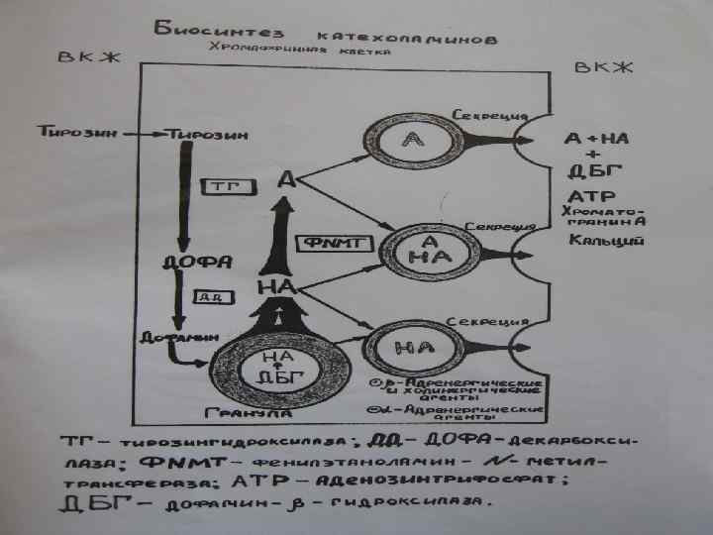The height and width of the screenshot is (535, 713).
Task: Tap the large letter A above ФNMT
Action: (285, 179)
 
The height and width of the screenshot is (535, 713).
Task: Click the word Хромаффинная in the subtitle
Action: (248, 47)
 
